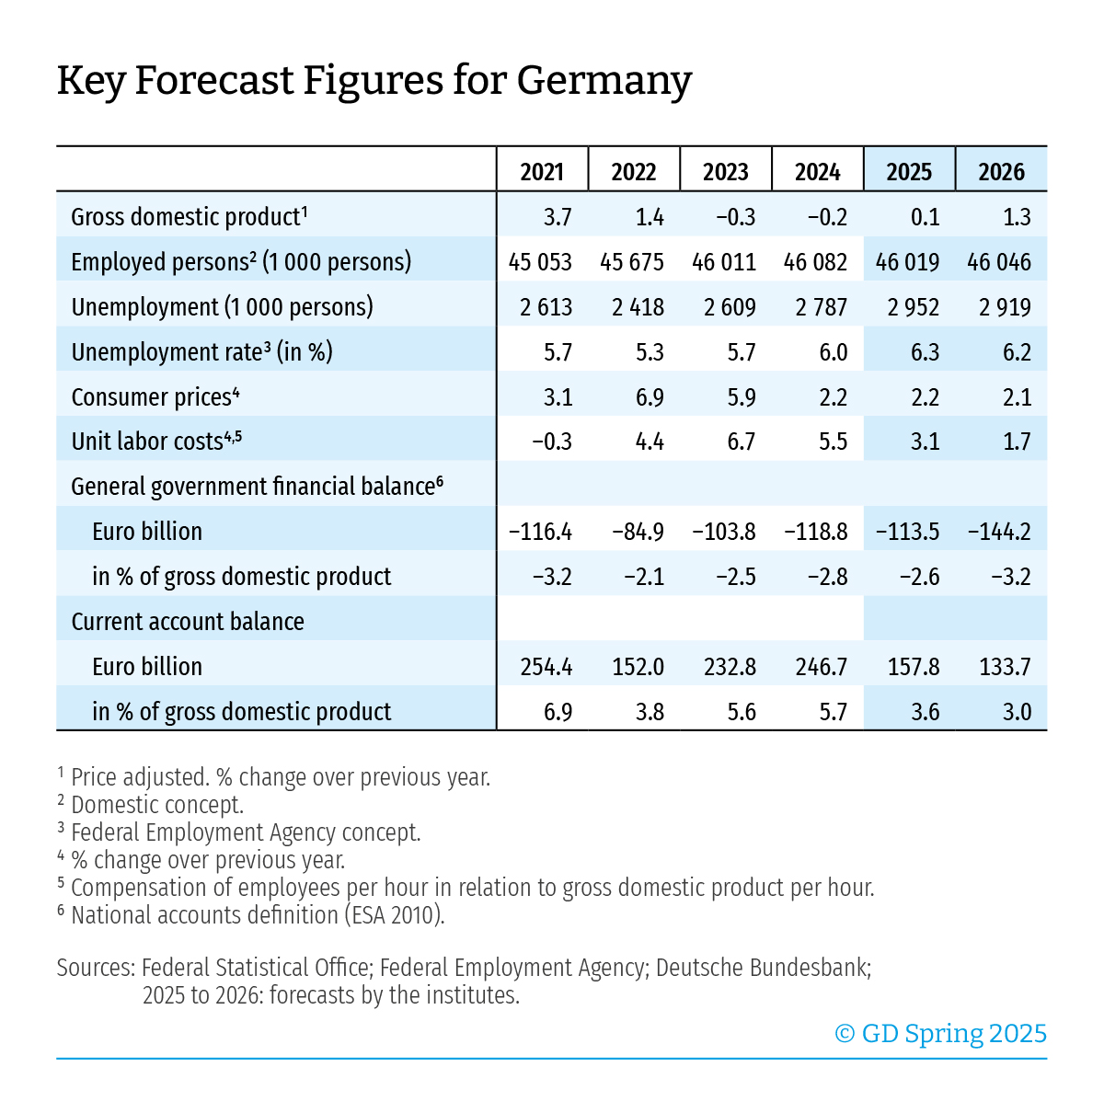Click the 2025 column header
[x=909, y=172]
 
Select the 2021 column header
[x=542, y=172]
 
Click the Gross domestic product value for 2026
[x=1018, y=217]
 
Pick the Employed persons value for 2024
[x=816, y=262]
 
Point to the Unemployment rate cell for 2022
[x=650, y=352]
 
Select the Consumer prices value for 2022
[x=650, y=397]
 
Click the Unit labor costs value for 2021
[x=552, y=442]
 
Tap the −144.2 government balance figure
[x=1000, y=532]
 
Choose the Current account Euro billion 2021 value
[x=546, y=667]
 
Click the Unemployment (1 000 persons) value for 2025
[x=914, y=307]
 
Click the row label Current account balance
[x=188, y=622]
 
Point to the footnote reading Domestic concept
[x=156, y=805]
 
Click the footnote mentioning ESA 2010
[x=258, y=915]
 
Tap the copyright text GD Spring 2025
[x=941, y=1034]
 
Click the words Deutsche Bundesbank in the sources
[x=763, y=968]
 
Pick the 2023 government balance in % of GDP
[x=736, y=577]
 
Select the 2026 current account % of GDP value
[x=1018, y=712]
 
